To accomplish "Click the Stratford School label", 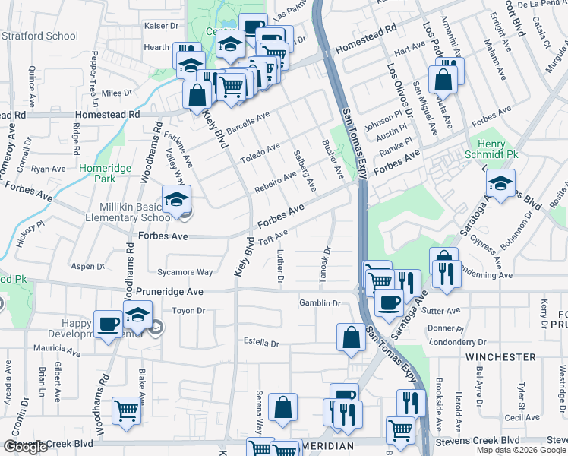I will pos(40,36).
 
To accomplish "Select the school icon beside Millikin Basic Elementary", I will pos(176,200).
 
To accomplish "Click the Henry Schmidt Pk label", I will pos(497,149).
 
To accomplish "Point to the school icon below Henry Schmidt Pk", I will pos(500,183).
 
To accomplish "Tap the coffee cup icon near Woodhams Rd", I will pos(109,325).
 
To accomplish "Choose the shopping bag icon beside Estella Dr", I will pos(352,338).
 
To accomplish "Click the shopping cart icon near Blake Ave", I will pos(127,411).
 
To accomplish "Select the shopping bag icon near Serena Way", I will pos(282,407).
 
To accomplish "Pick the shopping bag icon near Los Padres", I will pos(443,79).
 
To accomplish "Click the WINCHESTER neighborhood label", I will pos(500,356).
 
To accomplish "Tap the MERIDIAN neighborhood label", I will pos(329,445).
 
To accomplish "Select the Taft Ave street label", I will pos(273,237).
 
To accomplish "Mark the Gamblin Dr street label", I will pos(320,302).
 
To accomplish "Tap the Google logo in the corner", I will pos(26,447).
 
